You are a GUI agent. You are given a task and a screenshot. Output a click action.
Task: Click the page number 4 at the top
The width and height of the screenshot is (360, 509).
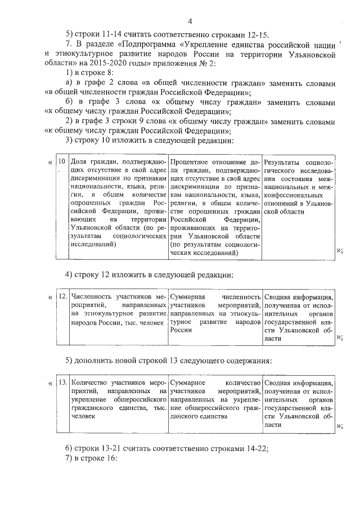(191, 21)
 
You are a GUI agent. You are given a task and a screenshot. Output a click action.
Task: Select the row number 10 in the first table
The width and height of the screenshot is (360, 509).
(62, 161)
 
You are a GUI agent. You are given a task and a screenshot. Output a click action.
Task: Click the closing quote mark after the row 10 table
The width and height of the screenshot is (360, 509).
(339, 251)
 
